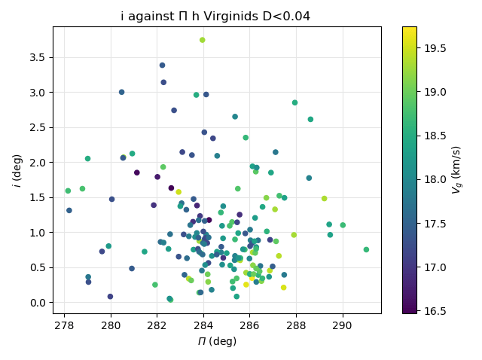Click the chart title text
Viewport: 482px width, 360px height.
[215, 17]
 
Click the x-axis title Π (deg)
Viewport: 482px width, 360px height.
[217, 341]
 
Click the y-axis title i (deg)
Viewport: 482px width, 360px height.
[17, 170]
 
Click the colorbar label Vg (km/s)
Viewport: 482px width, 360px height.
[457, 170]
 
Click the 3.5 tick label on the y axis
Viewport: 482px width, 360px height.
[39, 57]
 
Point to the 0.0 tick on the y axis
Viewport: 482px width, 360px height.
[39, 303]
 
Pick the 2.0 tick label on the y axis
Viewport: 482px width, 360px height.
[39, 163]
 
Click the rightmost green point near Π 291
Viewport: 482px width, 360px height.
[366, 249]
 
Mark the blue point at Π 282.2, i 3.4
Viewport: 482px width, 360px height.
[162, 66]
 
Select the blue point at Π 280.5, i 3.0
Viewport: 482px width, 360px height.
[121, 92]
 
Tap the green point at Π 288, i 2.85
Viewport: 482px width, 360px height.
[294, 102]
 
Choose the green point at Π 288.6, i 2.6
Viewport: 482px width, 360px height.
[310, 119]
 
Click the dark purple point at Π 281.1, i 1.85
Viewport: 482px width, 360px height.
[137, 172]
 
